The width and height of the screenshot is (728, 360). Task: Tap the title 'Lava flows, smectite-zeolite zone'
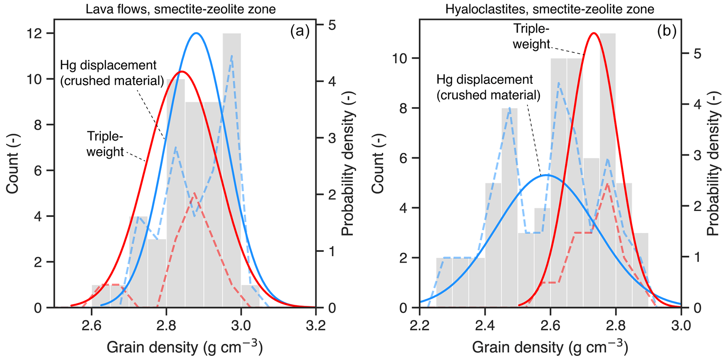(x=181, y=9)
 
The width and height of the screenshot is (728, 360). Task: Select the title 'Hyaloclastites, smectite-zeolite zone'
(x=550, y=9)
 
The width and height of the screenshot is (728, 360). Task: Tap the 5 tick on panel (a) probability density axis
(x=332, y=25)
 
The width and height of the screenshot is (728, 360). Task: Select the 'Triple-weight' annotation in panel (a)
(x=105, y=144)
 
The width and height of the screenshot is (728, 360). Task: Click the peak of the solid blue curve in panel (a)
(x=197, y=33)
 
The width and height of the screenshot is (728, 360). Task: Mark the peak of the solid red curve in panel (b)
(x=594, y=33)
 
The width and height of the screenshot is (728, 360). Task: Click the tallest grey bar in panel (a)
(x=232, y=169)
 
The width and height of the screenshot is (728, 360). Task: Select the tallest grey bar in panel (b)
(x=608, y=169)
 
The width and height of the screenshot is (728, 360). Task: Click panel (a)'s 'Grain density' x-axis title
(x=185, y=348)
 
